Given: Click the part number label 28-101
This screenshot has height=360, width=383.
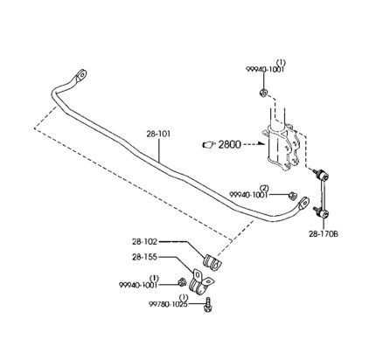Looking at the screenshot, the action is pyautogui.click(x=158, y=135).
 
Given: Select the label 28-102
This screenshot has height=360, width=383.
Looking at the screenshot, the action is pyautogui.click(x=144, y=241).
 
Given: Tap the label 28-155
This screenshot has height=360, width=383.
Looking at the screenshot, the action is pyautogui.click(x=144, y=257).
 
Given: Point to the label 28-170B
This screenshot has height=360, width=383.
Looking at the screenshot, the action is pyautogui.click(x=324, y=234).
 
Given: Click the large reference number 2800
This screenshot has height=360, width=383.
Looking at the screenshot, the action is pyautogui.click(x=230, y=144).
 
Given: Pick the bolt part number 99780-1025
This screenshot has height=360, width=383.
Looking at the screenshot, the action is pyautogui.click(x=168, y=304).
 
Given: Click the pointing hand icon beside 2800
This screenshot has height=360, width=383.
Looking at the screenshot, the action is pyautogui.click(x=209, y=144).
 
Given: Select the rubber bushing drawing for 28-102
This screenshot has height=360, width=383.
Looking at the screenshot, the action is pyautogui.click(x=212, y=262).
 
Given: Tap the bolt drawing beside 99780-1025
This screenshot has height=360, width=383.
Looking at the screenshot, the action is pyautogui.click(x=208, y=305).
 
